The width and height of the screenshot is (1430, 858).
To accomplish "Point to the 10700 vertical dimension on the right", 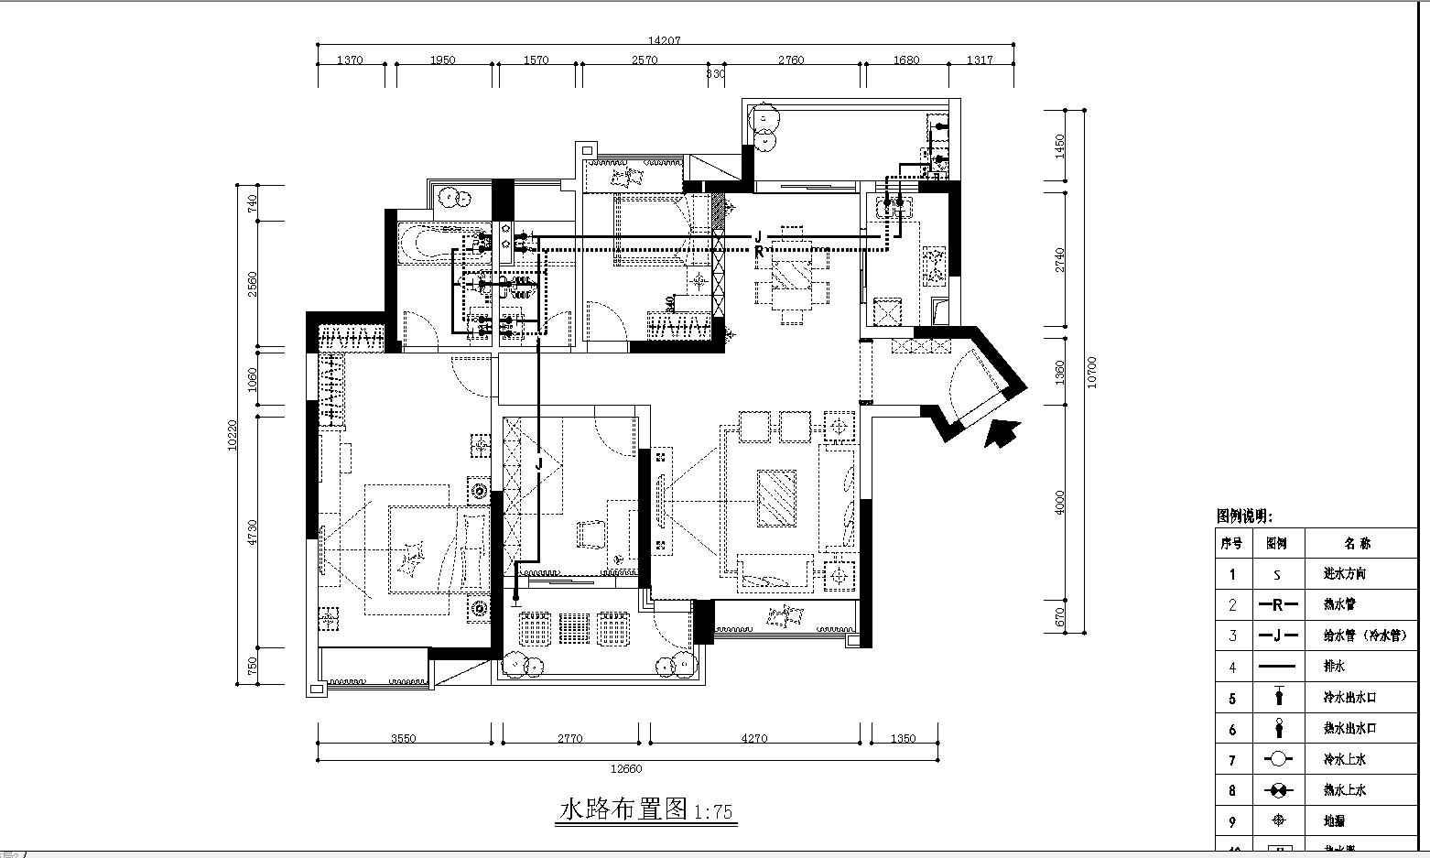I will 1090,372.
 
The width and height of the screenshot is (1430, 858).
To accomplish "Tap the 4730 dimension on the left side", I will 253,532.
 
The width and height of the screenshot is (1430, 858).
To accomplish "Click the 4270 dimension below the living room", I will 753,738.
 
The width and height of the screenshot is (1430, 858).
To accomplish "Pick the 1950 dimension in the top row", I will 442,60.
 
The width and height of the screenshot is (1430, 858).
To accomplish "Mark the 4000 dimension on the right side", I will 1060,503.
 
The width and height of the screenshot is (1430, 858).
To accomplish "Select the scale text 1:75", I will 714,812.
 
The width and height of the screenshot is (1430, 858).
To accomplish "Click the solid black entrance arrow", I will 1002,431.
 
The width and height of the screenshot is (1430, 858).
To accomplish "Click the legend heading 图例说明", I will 1244,516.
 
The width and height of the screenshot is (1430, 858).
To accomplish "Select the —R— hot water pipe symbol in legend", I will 1277,604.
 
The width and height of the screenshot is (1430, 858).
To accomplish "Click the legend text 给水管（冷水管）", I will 1364,635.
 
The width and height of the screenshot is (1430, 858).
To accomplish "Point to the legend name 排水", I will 1334,667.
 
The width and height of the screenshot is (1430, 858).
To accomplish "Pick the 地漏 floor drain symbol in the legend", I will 1277,820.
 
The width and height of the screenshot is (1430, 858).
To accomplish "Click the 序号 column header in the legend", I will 1231,543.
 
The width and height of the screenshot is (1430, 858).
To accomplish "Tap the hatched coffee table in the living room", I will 775,498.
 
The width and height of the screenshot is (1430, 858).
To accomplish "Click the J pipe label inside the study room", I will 538,464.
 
